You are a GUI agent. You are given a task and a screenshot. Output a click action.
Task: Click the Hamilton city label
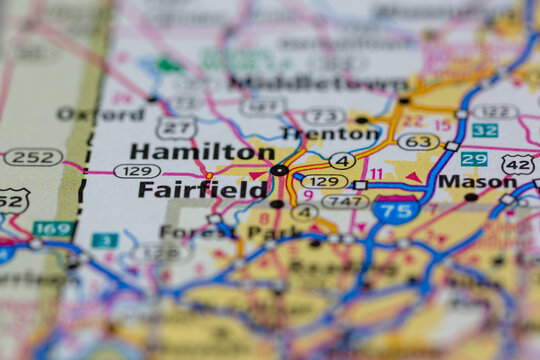pos(201,151)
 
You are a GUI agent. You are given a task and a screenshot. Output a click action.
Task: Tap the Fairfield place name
pos(202,188)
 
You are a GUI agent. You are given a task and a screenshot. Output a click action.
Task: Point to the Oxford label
pos(100,114)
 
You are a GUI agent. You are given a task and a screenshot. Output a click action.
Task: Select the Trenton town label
pos(330,133)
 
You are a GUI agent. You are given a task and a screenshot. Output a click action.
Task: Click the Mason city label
pos(477,181)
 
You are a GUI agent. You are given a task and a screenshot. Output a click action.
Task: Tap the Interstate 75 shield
pos(395,209)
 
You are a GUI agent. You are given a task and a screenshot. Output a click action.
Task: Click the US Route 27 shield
pos(175,128)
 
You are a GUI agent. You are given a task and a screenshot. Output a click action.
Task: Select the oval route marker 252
pos(32,157)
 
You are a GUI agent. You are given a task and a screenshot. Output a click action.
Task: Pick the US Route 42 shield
pos(518,164)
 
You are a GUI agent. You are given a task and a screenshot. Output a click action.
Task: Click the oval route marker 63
pos(418,142)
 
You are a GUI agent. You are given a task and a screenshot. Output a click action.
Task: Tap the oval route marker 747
pos(345,201)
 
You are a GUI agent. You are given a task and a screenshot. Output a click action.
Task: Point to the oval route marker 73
pos(323,116)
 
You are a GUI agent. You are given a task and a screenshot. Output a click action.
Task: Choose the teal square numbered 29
pos(474,159)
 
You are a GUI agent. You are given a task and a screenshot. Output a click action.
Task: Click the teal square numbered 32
pos(485,131)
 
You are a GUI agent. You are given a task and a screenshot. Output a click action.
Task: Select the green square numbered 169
pos(53,229)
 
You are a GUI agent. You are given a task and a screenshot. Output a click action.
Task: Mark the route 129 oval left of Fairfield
pos(136,171)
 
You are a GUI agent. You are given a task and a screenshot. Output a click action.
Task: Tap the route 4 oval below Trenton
pos(342,160)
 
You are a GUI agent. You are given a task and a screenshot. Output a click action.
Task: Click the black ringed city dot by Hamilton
pos(279,170)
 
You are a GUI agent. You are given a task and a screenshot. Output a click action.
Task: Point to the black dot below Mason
pos(471,197)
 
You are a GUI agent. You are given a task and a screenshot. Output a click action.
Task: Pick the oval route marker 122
pos(495,112)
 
